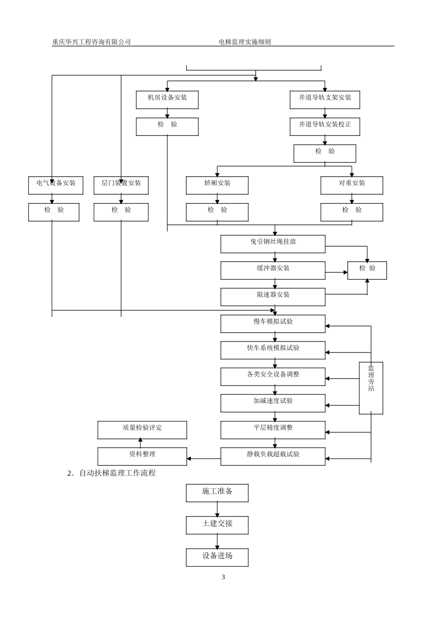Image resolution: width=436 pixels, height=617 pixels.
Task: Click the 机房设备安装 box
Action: click(167, 100)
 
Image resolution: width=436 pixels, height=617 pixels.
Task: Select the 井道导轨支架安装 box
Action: click(324, 100)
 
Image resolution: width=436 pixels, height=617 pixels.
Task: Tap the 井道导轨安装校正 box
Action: click(324, 126)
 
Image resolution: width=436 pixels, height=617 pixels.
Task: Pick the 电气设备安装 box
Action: click(56, 185)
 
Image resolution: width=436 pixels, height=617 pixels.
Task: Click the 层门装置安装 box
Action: click(121, 185)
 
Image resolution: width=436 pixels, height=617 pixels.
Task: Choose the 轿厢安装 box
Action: click(217, 185)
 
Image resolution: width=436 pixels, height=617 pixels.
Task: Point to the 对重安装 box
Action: click(352, 185)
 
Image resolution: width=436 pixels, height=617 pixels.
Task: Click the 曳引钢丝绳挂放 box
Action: click(273, 244)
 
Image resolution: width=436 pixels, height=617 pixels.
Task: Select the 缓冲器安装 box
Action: click(273, 270)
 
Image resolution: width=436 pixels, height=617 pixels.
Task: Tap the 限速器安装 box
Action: click(273, 297)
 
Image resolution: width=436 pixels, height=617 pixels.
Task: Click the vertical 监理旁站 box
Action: click(371, 388)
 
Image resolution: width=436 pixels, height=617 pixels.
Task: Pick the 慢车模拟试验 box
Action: click(273, 324)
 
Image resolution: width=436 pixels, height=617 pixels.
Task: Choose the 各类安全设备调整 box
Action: click(273, 376)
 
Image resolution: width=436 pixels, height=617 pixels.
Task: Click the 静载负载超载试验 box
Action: click(273, 456)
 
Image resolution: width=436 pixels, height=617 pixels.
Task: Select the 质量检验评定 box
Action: click(142, 430)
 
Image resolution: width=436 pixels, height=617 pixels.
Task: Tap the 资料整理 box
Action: click(142, 456)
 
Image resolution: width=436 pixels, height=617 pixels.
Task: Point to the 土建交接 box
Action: click(217, 525)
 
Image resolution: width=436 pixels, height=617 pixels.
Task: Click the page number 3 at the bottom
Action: click(223, 577)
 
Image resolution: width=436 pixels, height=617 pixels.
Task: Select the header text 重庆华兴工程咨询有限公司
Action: click(91, 42)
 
